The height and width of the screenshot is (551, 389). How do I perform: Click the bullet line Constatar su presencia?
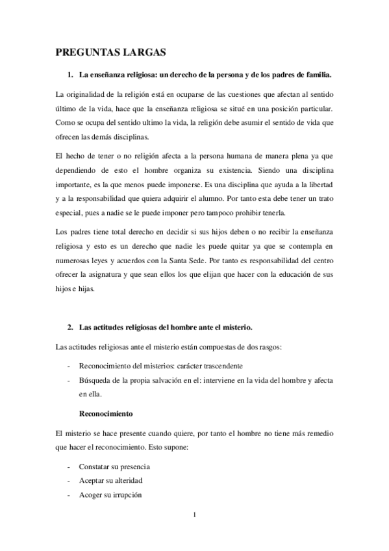(114, 467)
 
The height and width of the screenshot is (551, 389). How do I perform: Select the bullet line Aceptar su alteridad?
(110, 481)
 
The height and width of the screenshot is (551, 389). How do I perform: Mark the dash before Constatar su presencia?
(69, 467)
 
